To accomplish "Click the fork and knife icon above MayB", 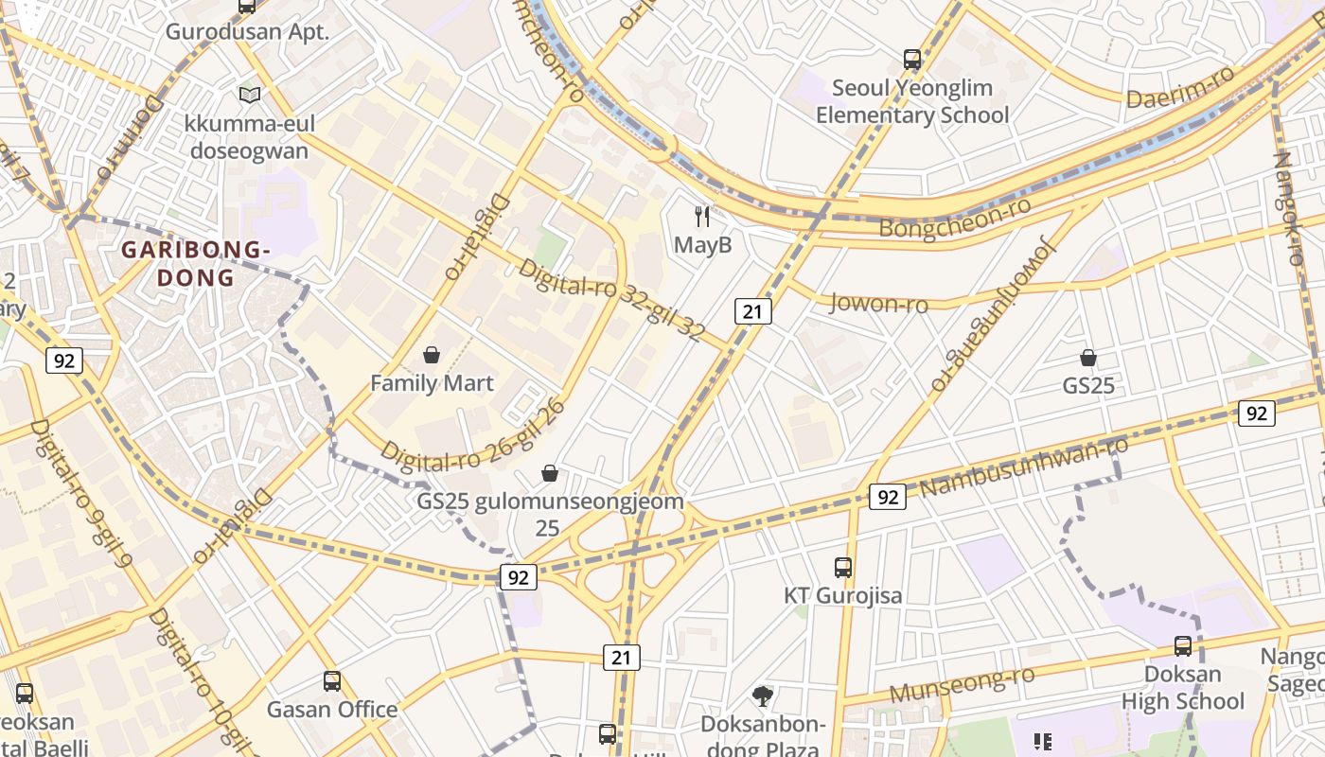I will [702, 217].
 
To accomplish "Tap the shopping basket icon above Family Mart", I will [432, 355].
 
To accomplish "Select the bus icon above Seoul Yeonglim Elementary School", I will [912, 60].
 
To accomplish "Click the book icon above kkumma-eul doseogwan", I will [250, 95].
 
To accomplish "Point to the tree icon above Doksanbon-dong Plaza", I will [763, 696].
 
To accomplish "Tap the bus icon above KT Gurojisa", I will [843, 568].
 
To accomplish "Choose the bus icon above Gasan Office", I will [332, 681].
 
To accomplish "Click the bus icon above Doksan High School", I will [1183, 646].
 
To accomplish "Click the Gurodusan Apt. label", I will [247, 31].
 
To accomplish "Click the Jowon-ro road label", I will [878, 303].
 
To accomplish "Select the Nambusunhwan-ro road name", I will [1024, 467].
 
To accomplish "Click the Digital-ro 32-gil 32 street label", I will [611, 299].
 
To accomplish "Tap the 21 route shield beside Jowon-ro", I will [753, 311].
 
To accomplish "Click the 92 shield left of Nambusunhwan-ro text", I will [887, 497].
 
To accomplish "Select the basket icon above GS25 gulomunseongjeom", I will [550, 473].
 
